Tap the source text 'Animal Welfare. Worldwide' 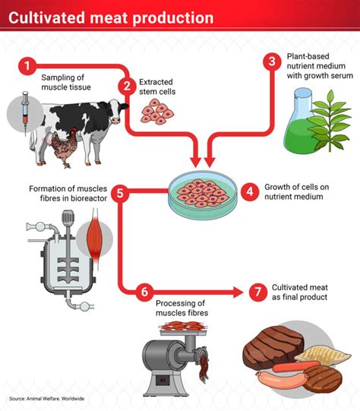pos(58,398)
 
